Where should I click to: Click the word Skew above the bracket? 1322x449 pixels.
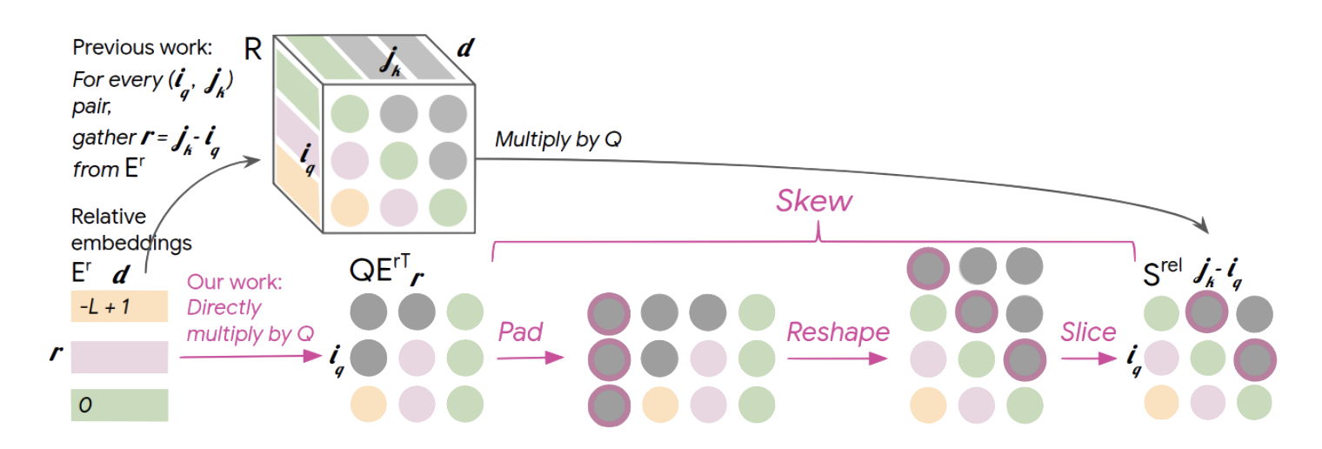[x=814, y=203]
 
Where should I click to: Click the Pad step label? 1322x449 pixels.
[x=521, y=332]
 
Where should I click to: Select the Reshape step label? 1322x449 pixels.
[x=838, y=332]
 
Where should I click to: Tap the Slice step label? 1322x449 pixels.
[x=1088, y=332]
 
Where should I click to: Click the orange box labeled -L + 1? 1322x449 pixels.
[x=119, y=306]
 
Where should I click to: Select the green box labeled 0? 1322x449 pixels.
[x=119, y=405]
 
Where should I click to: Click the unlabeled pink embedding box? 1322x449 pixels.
[x=119, y=357]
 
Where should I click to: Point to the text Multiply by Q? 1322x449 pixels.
[x=558, y=139]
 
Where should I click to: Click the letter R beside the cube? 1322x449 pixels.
[x=253, y=49]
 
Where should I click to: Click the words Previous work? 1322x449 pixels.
[x=143, y=48]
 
